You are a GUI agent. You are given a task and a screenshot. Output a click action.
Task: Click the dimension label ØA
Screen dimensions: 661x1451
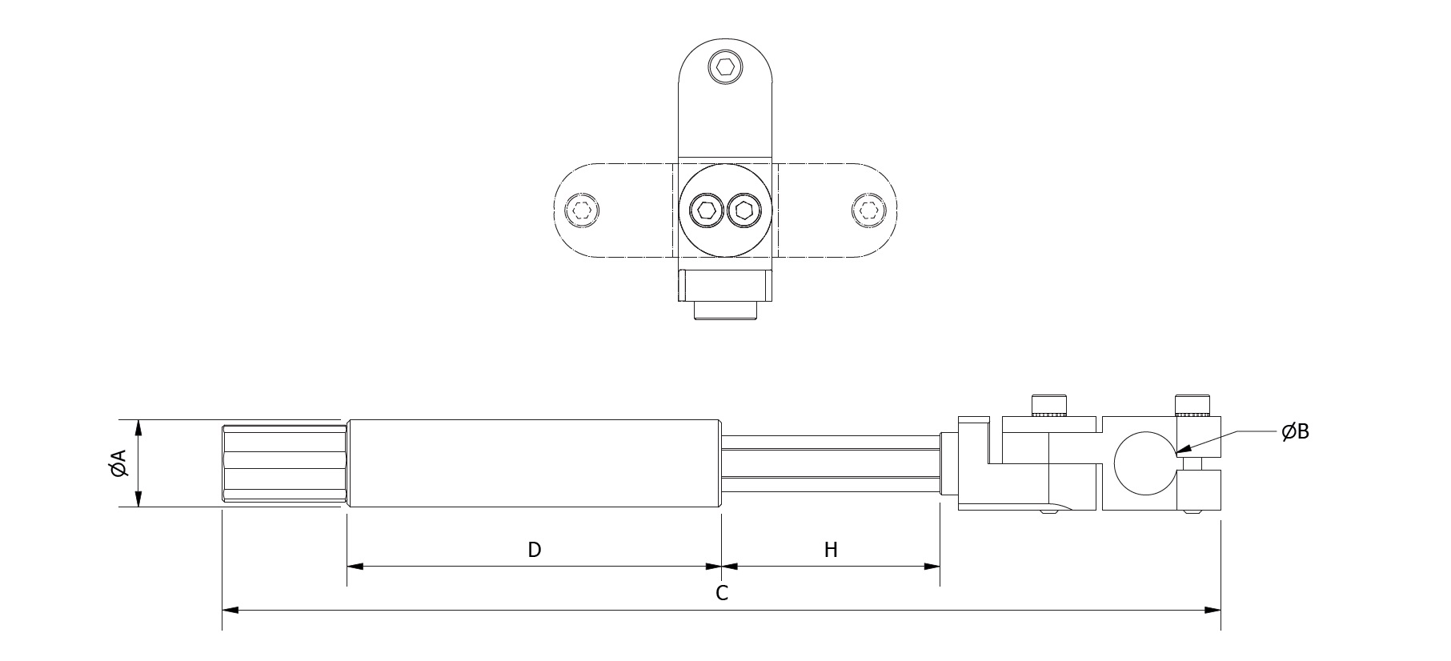[118, 463]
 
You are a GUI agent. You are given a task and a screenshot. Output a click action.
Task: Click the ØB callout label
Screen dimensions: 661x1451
[1294, 432]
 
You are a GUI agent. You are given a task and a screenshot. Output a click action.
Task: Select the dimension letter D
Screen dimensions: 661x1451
[535, 550]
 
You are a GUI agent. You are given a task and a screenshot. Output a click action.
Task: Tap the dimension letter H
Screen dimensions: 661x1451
[831, 550]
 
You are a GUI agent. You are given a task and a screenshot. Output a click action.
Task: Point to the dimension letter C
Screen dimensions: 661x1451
[722, 593]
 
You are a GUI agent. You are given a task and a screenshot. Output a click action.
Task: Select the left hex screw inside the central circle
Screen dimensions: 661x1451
[706, 211]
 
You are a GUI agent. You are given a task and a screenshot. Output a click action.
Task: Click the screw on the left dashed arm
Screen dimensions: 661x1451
[582, 211]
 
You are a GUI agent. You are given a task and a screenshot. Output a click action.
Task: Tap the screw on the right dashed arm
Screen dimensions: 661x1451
[868, 211]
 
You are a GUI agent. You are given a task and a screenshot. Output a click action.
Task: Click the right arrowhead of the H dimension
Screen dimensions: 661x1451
[932, 567]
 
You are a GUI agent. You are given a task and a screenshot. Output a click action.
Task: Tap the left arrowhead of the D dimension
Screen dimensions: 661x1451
[355, 567]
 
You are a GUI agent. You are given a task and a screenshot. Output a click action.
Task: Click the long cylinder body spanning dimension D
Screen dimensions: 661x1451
[535, 463]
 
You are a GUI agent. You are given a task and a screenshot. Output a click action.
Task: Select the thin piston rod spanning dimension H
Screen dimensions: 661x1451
[831, 463]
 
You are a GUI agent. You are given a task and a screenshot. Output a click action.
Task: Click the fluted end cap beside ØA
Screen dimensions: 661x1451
[284, 463]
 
